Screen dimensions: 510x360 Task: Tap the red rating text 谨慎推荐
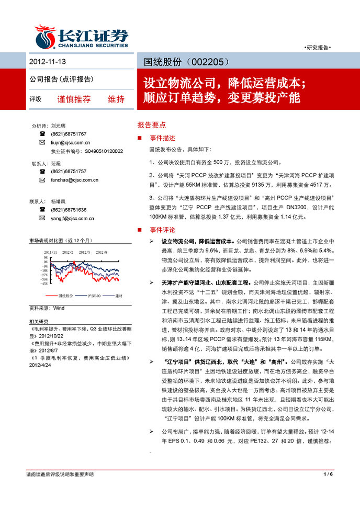[74, 99]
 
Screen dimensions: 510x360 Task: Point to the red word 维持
[116, 99]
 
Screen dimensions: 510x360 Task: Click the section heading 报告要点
[151, 126]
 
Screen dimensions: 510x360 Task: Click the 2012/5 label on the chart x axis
[85, 252]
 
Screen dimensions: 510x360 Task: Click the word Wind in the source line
[59, 309]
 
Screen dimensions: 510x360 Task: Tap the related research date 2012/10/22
[48, 336]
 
